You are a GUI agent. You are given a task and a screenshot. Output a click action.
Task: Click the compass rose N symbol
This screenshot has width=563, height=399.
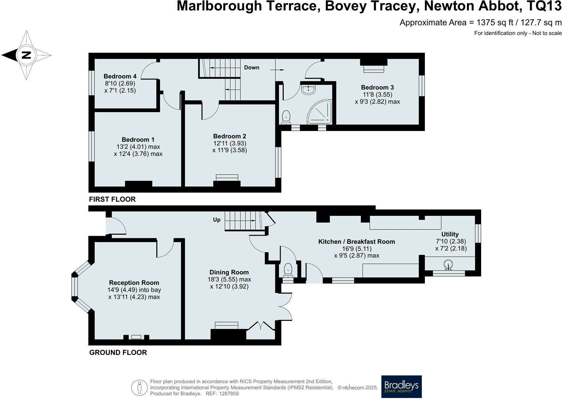pyautogui.click(x=26, y=55)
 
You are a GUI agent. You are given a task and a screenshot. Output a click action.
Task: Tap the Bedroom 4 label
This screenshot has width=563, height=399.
pyautogui.click(x=117, y=76)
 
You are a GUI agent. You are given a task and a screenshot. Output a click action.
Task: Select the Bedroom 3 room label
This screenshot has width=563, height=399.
pyautogui.click(x=377, y=87)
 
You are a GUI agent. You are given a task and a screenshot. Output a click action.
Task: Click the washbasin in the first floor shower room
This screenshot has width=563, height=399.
pyautogui.click(x=309, y=89)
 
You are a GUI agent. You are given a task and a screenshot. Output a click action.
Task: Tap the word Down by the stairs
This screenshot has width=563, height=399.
pyautogui.click(x=251, y=67)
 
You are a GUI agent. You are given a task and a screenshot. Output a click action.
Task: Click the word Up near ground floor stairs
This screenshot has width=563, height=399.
pyautogui.click(x=217, y=220)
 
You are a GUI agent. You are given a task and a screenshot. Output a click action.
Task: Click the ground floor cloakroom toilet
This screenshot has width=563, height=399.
pyautogui.click(x=288, y=270)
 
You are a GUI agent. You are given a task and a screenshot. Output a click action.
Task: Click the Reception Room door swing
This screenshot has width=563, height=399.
pyautogui.click(x=165, y=248)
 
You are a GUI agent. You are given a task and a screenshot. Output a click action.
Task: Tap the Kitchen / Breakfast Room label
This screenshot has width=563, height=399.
pyautogui.click(x=356, y=241)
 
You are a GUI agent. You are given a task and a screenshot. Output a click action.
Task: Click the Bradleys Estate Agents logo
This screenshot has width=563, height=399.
pyautogui.click(x=401, y=387)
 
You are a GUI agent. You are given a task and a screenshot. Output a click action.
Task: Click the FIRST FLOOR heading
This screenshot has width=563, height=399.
pyautogui.click(x=112, y=199)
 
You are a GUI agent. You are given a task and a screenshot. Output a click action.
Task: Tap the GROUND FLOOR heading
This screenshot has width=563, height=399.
pyautogui.click(x=118, y=353)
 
